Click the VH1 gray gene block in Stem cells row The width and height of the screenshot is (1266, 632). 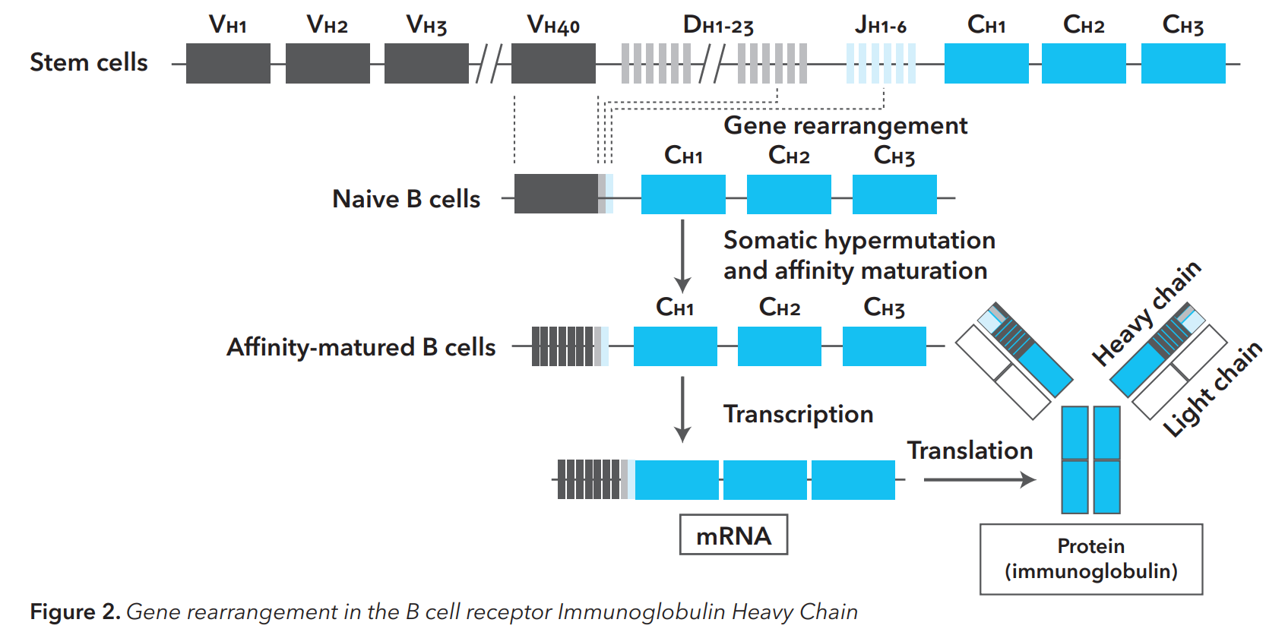228,63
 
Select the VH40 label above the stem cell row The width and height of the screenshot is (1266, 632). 553,25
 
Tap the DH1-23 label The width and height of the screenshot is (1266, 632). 718,25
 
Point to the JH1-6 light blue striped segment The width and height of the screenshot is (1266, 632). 881,63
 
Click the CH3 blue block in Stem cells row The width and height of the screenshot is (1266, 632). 1182,63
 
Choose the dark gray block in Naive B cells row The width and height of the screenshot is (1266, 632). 555,194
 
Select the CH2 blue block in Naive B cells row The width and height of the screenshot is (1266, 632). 789,194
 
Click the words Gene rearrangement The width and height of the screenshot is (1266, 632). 845,125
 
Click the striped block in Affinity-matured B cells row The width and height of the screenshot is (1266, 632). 562,346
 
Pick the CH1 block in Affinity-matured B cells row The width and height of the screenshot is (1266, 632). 675,346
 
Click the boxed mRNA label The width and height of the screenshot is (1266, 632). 733,536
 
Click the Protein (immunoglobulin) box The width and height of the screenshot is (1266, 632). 1090,559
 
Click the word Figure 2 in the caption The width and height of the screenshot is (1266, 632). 74,611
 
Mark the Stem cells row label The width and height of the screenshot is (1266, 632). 89,62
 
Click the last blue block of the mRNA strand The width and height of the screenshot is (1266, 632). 853,480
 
